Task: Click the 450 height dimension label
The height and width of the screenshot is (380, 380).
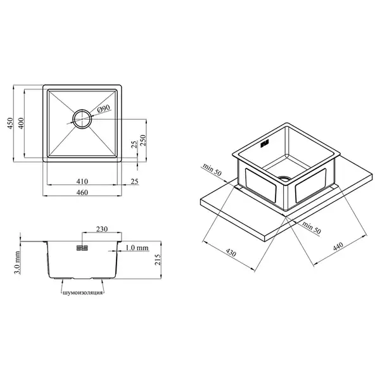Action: [10, 123]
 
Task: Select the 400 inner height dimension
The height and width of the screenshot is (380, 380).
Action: [21, 123]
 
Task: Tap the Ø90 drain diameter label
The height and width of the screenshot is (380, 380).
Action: [104, 108]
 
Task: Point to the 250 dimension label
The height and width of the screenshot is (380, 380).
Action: [143, 140]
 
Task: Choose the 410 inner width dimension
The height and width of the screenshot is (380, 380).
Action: [82, 181]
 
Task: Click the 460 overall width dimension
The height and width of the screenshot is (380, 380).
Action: [82, 193]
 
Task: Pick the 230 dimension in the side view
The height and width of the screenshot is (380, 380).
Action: [102, 229]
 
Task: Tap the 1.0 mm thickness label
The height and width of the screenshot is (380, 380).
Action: [137, 248]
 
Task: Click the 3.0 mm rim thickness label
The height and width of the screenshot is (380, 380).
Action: [17, 262]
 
